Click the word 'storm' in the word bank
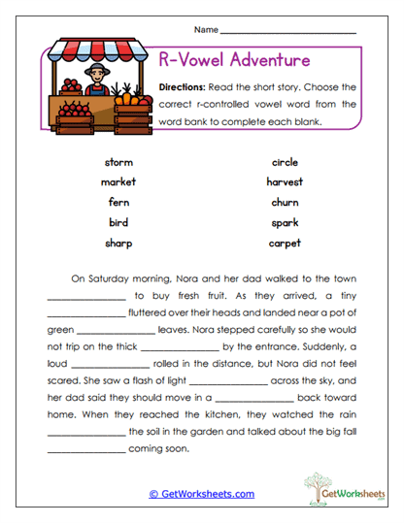pyautogui.click(x=118, y=162)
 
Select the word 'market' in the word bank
pyautogui.click(x=118, y=181)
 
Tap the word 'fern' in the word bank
pyautogui.click(x=118, y=202)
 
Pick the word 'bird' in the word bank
pyautogui.click(x=118, y=222)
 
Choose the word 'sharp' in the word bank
pyautogui.click(x=118, y=243)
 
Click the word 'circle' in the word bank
pyautogui.click(x=285, y=162)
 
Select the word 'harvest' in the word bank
pyautogui.click(x=285, y=181)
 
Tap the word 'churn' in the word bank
pyautogui.click(x=285, y=202)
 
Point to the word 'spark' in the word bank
pyautogui.click(x=285, y=222)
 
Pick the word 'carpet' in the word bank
pyautogui.click(x=285, y=243)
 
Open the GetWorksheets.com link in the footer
pyautogui.click(x=202, y=494)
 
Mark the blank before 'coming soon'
pyautogui.click(x=85, y=449)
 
